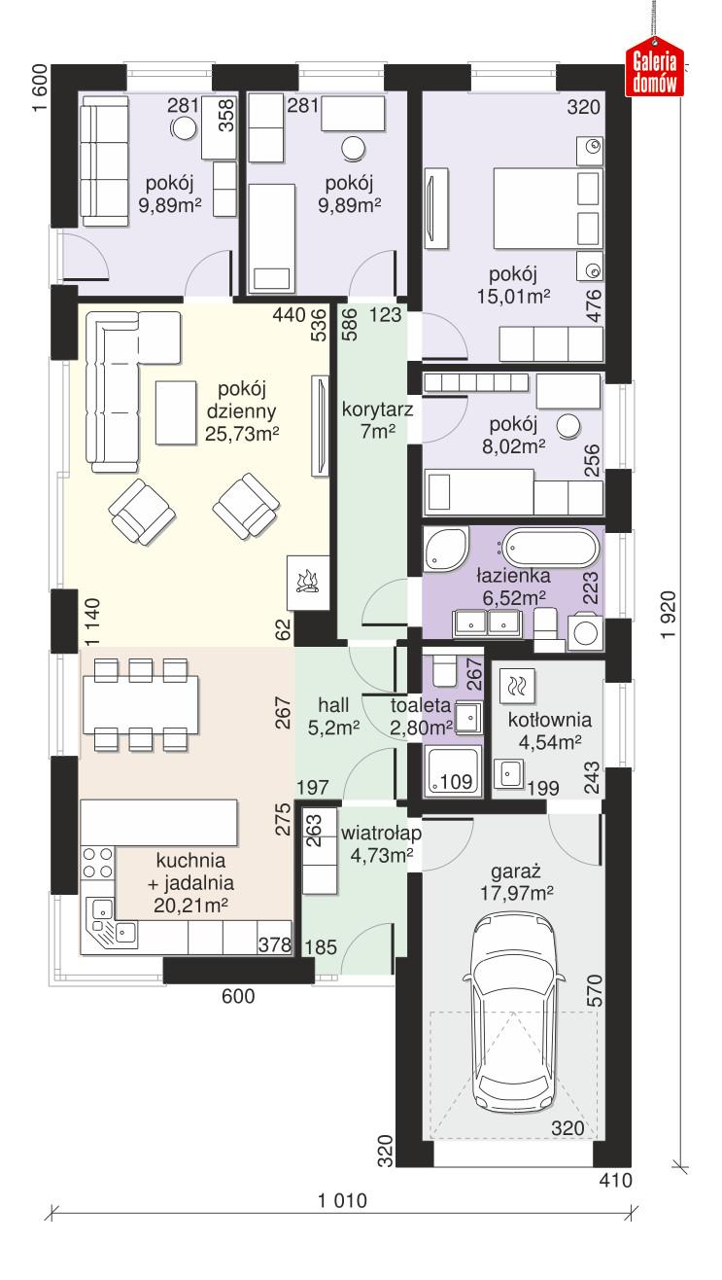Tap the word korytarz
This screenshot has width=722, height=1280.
point(377,409)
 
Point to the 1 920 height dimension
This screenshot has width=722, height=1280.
point(665,617)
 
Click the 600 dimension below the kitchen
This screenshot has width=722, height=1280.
point(237,996)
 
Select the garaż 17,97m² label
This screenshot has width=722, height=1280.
point(514,881)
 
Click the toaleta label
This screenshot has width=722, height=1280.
point(420,706)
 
